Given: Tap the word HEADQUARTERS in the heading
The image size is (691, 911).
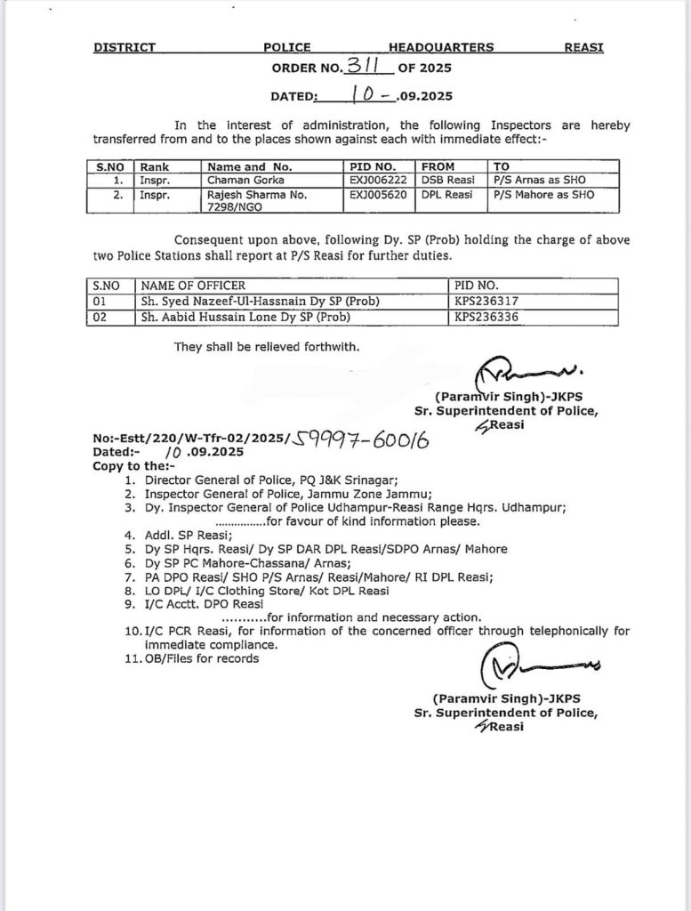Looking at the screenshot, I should [441, 47].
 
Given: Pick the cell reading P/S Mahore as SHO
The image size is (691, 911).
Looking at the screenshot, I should [542, 193].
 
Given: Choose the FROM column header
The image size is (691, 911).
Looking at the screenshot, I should [438, 166].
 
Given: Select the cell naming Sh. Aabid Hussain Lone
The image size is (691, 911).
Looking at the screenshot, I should [244, 316].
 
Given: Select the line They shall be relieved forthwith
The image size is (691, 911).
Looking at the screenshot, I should [267, 347].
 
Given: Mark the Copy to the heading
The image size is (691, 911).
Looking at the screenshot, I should [134, 465].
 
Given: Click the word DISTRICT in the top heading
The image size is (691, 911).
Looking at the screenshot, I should [125, 47].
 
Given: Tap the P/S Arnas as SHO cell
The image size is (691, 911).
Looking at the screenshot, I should [540, 180].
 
